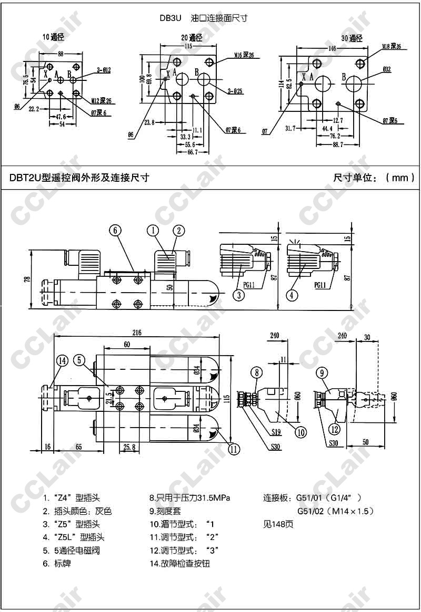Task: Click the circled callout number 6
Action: click(116, 230)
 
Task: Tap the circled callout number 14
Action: click(63, 360)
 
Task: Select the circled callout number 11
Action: click(234, 448)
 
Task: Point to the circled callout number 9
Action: click(322, 374)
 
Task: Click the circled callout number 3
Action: click(239, 295)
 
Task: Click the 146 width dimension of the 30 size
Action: click(332, 48)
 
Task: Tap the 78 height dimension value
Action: click(26, 279)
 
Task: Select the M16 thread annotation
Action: click(244, 55)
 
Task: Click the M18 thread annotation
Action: click(391, 47)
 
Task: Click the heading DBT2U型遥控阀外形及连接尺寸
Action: click(79, 178)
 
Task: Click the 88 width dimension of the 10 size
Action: click(61, 54)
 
